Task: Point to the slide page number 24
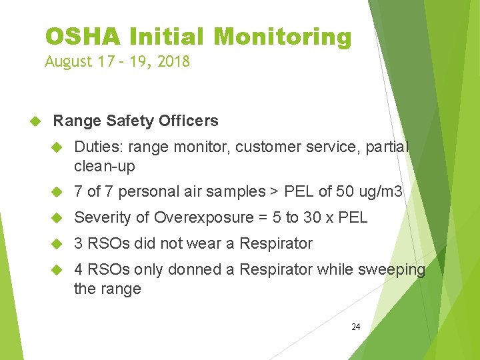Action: point(355,327)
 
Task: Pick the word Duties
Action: point(99,147)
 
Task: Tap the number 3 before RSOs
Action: point(79,244)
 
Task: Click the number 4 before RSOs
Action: point(79,270)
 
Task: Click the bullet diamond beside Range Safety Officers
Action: point(37,121)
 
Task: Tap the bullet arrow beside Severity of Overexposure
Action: point(57,218)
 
